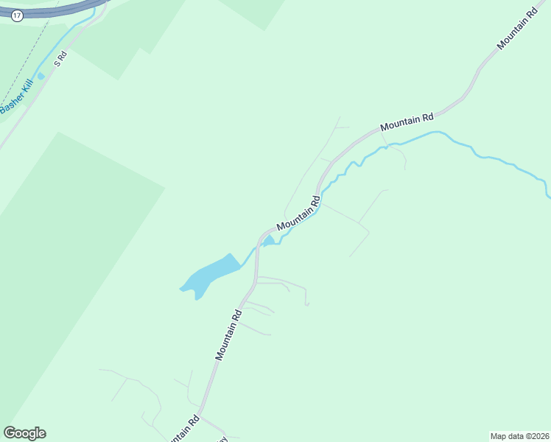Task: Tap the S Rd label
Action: click(x=63, y=57)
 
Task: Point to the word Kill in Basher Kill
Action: click(x=26, y=89)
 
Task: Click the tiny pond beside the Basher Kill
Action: click(x=41, y=76)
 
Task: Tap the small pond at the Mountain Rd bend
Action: click(x=269, y=241)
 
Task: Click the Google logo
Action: click(x=24, y=433)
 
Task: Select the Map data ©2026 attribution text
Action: click(x=519, y=435)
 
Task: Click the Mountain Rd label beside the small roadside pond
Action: click(x=298, y=213)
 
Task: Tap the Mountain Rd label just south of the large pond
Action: click(x=229, y=334)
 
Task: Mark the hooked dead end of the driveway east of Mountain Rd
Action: click(x=306, y=303)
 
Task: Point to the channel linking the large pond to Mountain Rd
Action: click(x=249, y=257)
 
